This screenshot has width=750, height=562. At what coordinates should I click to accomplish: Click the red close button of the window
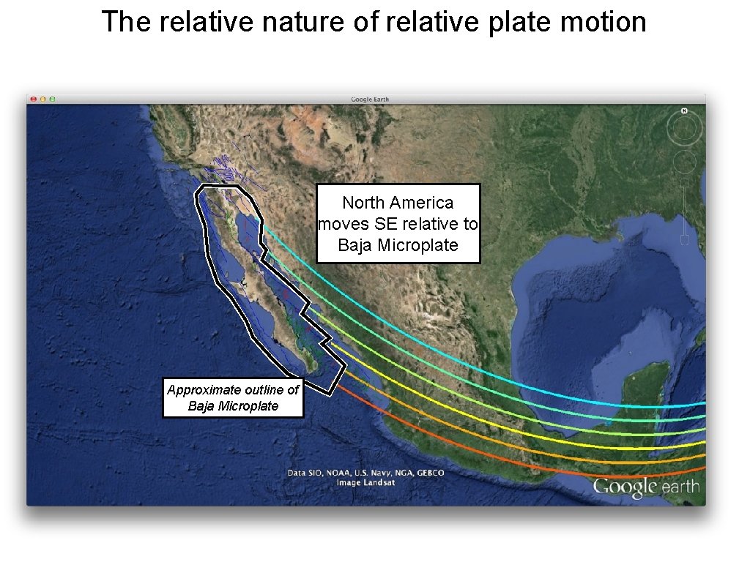[33, 99]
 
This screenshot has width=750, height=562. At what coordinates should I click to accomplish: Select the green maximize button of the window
[52, 99]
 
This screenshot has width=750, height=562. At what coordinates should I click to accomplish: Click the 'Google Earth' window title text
[371, 100]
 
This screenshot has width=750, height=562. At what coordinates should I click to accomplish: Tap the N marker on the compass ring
[684, 111]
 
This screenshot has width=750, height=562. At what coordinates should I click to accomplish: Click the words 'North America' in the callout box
[398, 203]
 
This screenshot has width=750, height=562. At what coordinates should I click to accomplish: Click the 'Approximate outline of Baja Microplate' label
[233, 397]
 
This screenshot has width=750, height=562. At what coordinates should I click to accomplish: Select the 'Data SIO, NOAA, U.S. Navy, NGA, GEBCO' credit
[365, 473]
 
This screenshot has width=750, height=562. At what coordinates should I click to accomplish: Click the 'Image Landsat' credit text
[365, 482]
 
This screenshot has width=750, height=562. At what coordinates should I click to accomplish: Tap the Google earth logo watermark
[646, 487]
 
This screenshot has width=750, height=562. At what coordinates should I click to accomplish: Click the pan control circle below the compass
[684, 162]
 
